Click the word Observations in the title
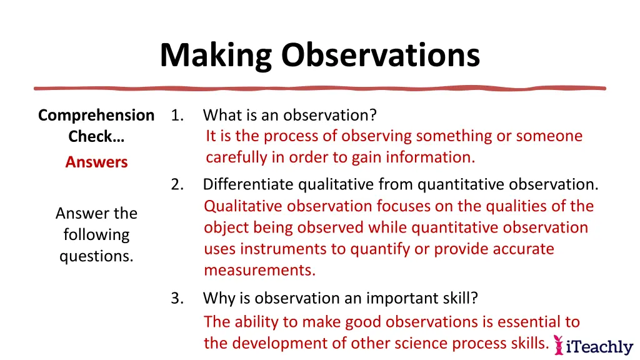coord(380,56)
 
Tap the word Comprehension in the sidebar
coord(96,116)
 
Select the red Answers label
coord(96,162)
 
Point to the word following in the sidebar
coord(96,235)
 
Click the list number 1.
coord(177,116)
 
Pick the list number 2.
coord(177,185)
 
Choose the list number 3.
coord(177,299)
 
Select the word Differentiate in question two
coord(249,185)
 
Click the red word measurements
coord(259,271)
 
